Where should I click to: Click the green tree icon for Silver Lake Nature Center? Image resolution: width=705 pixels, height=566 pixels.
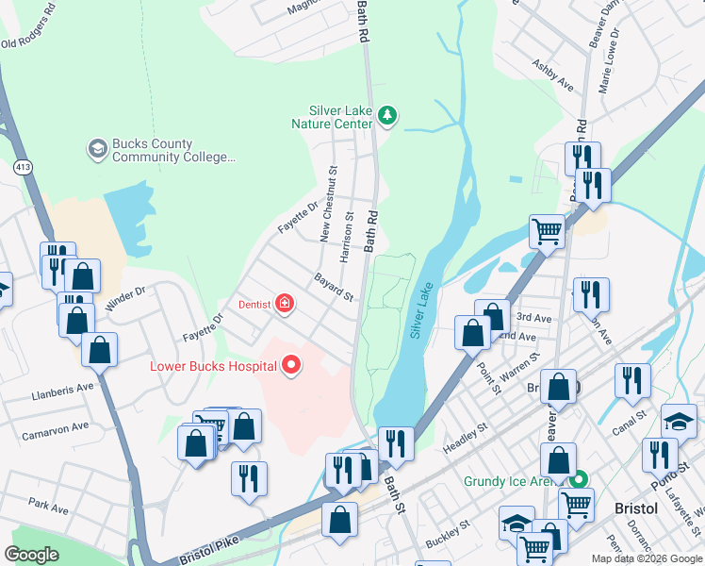point(386,115)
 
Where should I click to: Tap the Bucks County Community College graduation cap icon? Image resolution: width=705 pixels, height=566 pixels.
point(97,149)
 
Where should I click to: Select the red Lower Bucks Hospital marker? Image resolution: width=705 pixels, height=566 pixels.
point(291,364)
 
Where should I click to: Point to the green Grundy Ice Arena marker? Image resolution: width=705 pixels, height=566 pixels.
point(582,480)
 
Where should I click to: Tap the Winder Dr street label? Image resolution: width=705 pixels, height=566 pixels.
point(127,298)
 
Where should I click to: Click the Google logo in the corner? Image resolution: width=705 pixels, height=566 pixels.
point(31,555)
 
